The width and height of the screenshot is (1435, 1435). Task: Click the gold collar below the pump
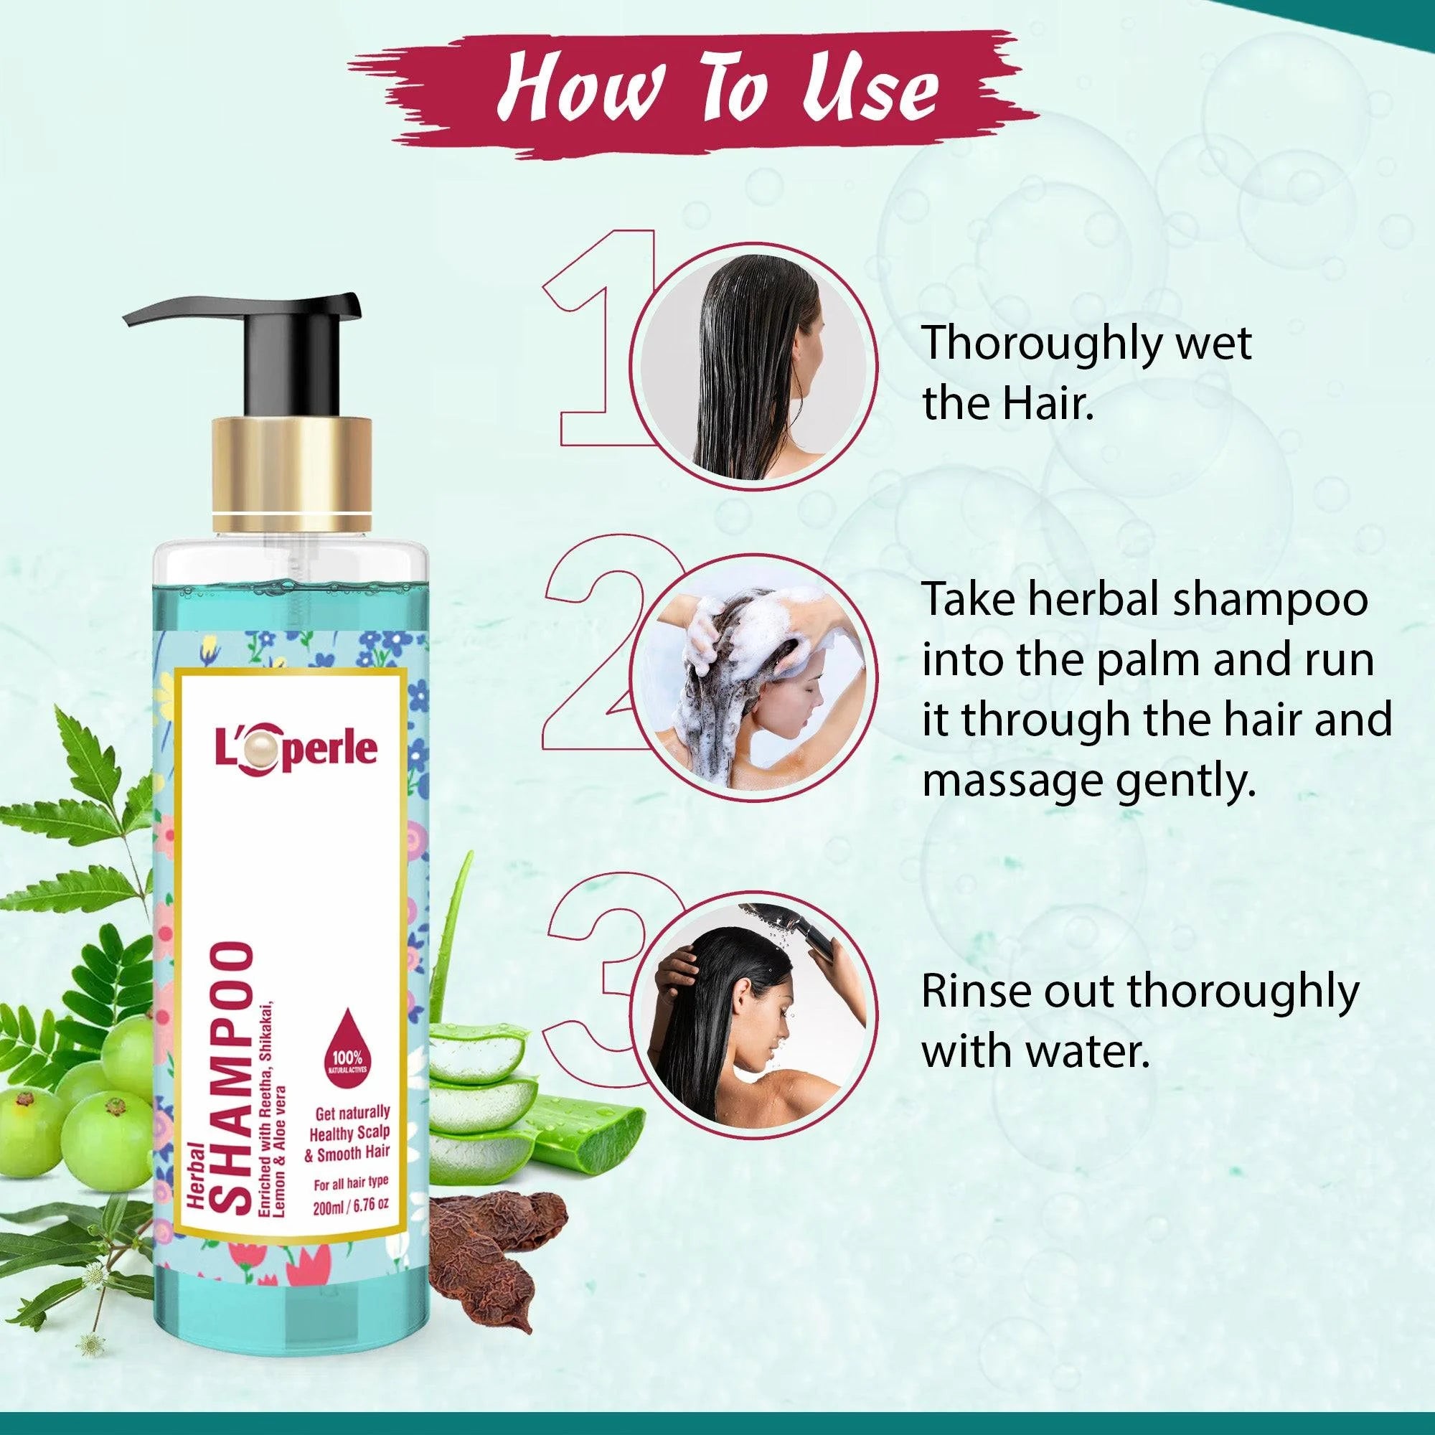pyautogui.click(x=292, y=469)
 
